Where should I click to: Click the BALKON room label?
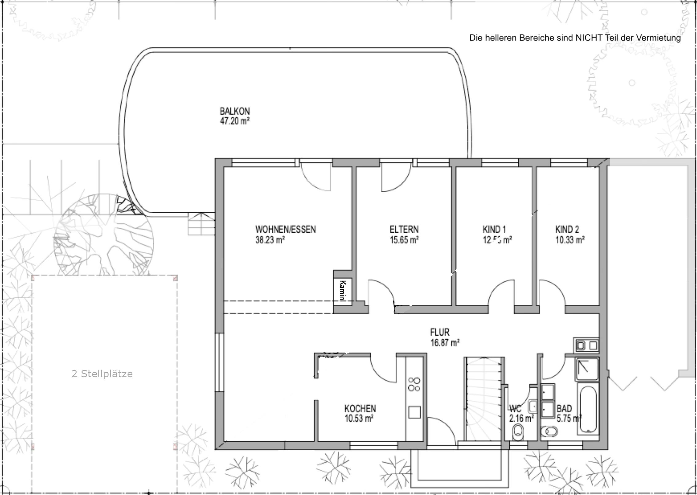235,111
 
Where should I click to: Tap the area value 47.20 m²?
234,121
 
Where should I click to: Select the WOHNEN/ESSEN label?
285,229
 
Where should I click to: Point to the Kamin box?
343,290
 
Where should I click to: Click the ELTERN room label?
404,229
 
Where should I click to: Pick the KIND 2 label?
567,229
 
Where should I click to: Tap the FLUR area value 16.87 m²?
445,343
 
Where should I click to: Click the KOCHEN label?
360,408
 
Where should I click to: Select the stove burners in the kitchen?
414,384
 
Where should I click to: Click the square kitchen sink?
414,412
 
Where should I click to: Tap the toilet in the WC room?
518,431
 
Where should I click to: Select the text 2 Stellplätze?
102,374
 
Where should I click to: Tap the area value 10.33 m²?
570,240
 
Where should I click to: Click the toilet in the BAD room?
549,432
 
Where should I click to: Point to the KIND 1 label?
494,229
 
